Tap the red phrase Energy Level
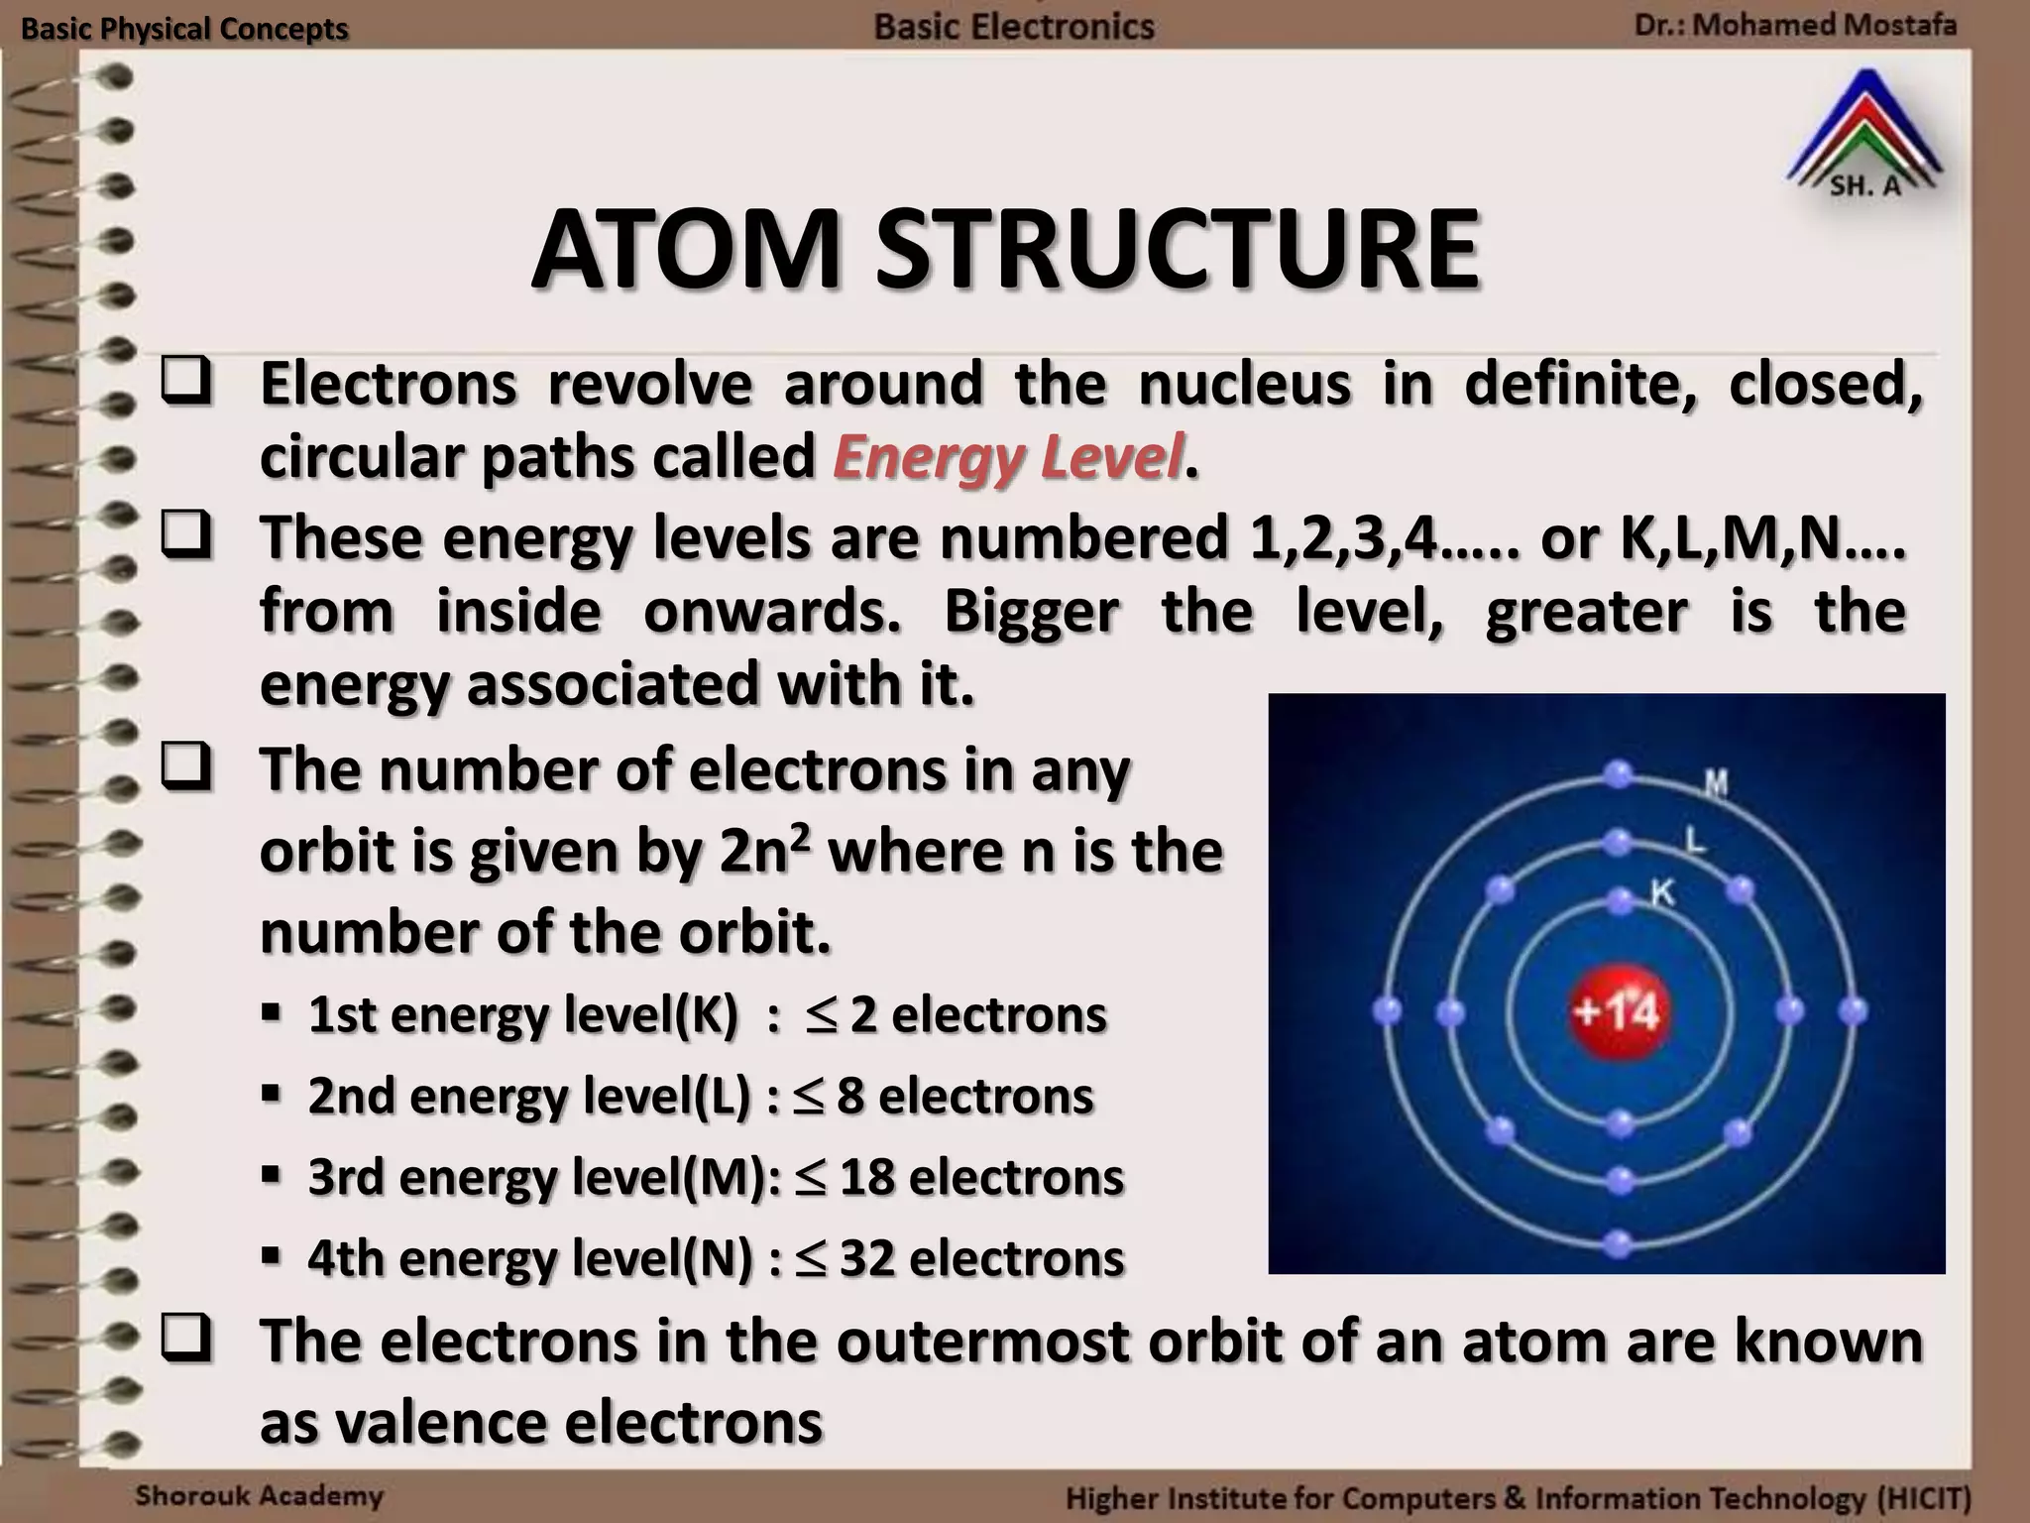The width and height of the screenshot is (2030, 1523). [x=1008, y=458]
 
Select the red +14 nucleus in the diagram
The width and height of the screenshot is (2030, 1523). [x=1618, y=1011]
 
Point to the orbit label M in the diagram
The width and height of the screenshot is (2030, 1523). [x=1716, y=784]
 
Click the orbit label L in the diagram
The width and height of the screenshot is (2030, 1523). [x=1696, y=843]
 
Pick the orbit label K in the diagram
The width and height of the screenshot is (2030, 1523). [x=1662, y=893]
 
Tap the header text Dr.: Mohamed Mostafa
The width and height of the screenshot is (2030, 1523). [x=1795, y=25]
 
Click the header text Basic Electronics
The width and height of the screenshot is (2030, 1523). [x=1014, y=26]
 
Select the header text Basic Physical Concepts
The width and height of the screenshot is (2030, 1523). [x=184, y=29]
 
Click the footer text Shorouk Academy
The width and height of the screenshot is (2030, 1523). [x=259, y=1495]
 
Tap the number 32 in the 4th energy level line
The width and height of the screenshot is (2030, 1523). [x=868, y=1258]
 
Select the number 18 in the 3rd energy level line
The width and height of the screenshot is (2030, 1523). [x=868, y=1177]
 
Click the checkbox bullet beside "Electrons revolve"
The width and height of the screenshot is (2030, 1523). [x=186, y=384]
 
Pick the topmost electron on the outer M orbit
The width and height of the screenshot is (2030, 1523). [x=1618, y=773]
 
